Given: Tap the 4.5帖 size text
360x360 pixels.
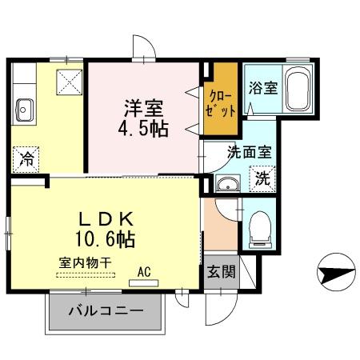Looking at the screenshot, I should (145, 128).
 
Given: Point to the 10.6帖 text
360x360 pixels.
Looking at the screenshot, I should (106, 238).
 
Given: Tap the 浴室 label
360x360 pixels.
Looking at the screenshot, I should (263, 87).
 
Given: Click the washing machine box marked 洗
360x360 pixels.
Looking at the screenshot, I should (262, 179).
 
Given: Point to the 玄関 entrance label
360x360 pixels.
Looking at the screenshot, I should (222, 272).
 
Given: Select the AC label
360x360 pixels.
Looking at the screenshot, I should (144, 271).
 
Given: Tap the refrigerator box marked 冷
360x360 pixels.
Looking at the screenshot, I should (26, 158).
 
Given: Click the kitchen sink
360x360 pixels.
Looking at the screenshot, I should (25, 107).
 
